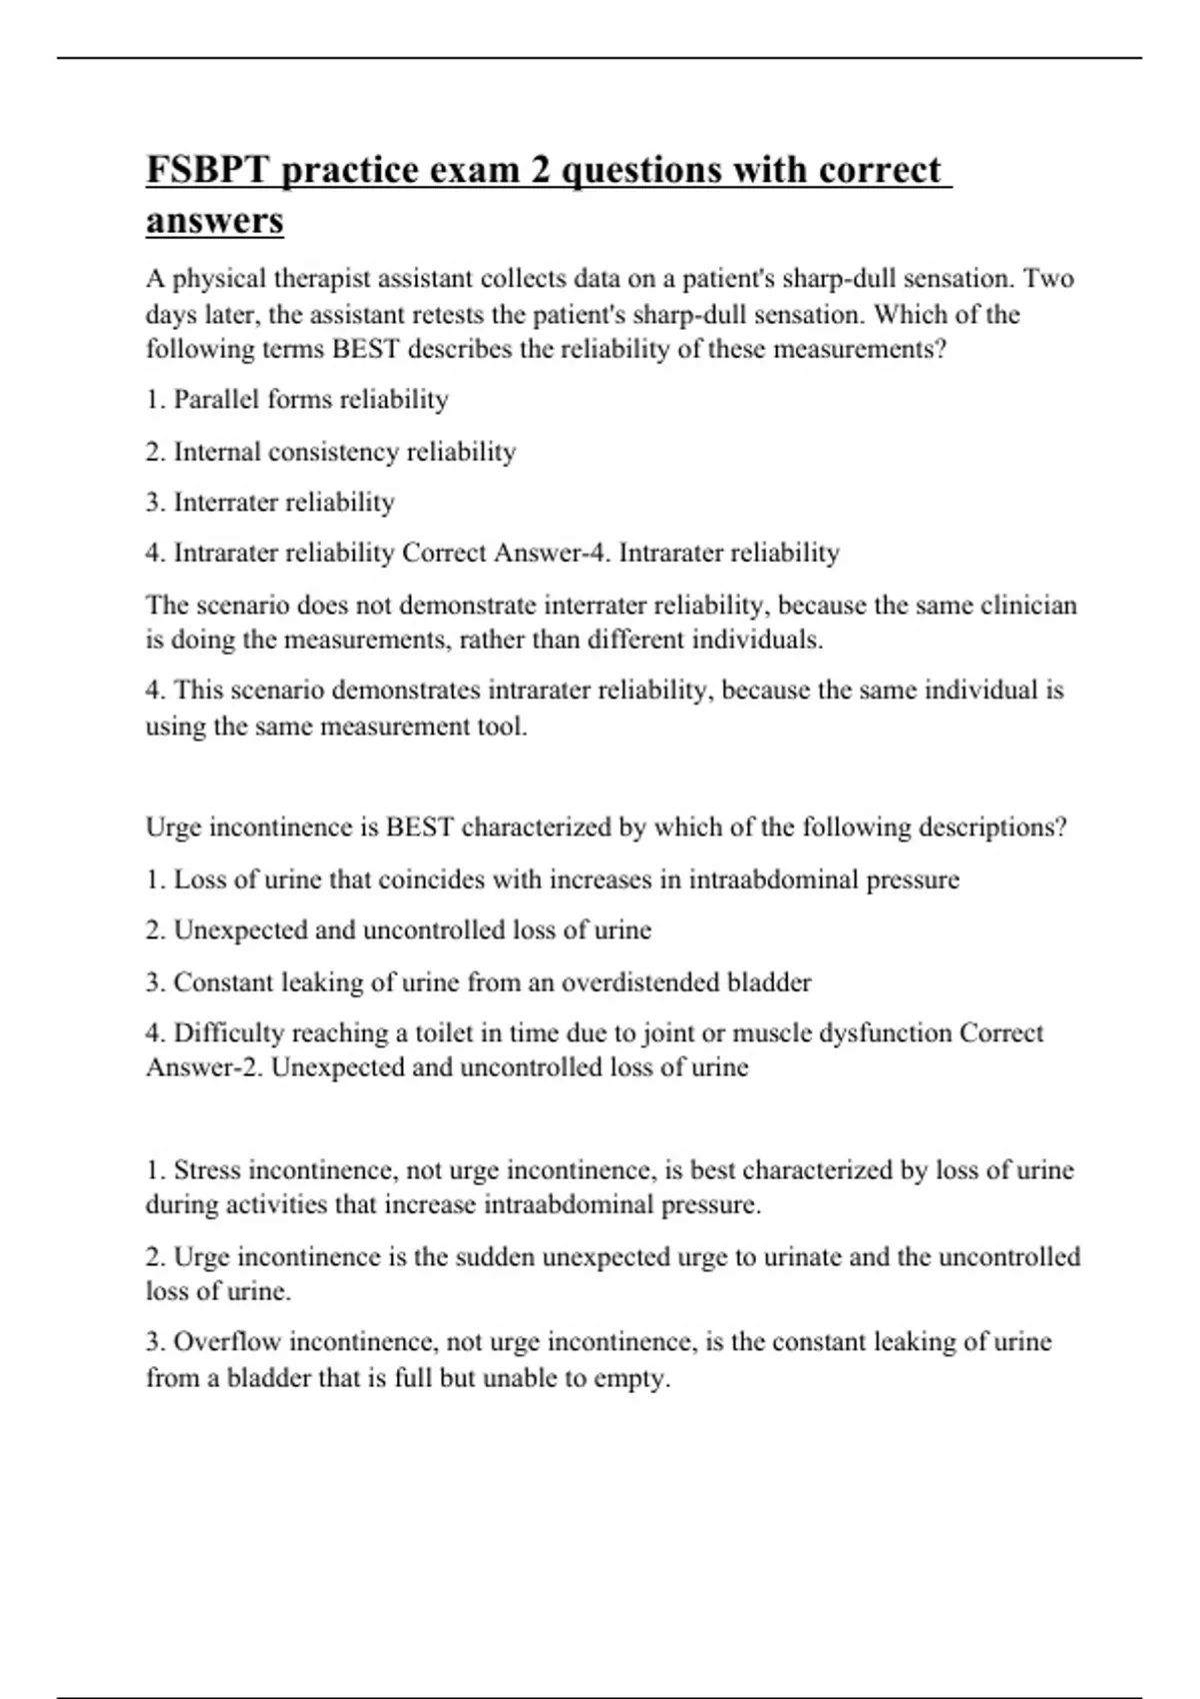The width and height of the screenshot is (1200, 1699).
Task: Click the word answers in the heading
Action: click(x=215, y=220)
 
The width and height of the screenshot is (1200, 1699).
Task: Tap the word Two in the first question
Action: click(x=1048, y=278)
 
